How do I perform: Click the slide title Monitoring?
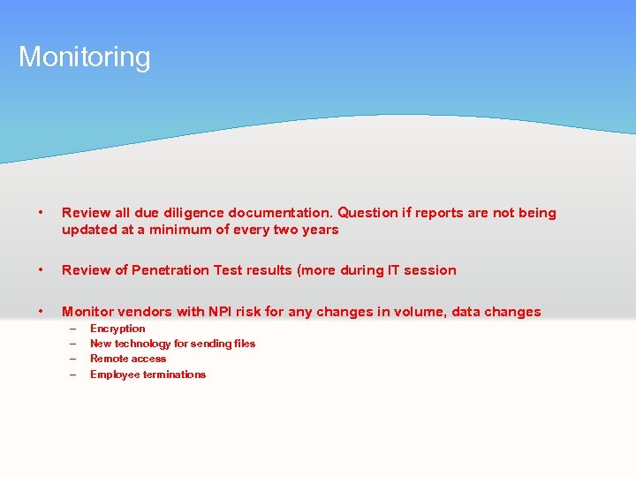pos(85,57)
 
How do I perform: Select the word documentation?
pos(281,213)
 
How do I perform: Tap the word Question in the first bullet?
pos(369,213)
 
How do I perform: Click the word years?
pos(320,230)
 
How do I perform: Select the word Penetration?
pos(171,270)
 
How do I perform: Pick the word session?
pos(430,270)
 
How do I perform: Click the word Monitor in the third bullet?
pos(88,312)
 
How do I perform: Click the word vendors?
pos(146,312)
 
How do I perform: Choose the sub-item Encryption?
pos(117,329)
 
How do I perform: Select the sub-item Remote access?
pos(128,359)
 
